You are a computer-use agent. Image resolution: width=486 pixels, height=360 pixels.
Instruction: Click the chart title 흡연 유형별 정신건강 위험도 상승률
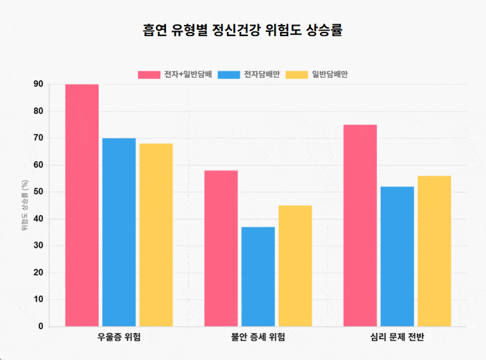coord(243,30)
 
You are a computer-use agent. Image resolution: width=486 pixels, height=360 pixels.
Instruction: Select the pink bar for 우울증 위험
coord(82,205)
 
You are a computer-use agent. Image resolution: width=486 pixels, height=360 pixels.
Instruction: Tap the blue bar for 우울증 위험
coord(119,232)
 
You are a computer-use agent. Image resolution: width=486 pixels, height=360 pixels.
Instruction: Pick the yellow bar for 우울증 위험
coord(156,235)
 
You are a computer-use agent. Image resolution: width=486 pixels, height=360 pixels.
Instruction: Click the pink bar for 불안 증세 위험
coord(221,248)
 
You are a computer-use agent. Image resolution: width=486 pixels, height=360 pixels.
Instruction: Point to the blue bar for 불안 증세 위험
coord(258,277)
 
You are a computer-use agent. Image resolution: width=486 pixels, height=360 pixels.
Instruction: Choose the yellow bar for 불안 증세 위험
coord(295,266)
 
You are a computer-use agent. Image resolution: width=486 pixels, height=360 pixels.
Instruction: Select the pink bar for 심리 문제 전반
coord(360,225)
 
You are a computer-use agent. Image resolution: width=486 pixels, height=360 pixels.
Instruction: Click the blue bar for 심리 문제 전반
coord(397,257)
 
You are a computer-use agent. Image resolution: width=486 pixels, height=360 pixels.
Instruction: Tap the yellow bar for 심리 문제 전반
coord(435,251)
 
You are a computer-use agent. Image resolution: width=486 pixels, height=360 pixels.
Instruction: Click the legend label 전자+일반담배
coord(188,74)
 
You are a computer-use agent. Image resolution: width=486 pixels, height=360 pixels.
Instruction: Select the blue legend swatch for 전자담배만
coord(228,75)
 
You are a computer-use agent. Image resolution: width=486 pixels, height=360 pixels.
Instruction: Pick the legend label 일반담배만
coord(330,74)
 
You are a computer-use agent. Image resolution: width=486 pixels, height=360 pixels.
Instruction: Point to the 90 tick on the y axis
coord(38,84)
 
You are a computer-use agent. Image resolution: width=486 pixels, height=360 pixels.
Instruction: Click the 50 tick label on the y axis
coord(38,192)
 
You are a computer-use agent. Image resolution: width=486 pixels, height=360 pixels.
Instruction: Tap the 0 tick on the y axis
coord(41,326)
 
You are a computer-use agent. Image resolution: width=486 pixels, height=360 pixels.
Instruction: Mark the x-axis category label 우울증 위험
coord(119,337)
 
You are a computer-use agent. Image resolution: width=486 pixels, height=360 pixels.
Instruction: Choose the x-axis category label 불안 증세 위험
coord(258,337)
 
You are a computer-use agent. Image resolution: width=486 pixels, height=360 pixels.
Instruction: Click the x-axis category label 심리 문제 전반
coord(397,337)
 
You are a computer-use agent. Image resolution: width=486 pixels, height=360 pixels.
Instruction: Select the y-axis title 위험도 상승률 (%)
coord(25,205)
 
